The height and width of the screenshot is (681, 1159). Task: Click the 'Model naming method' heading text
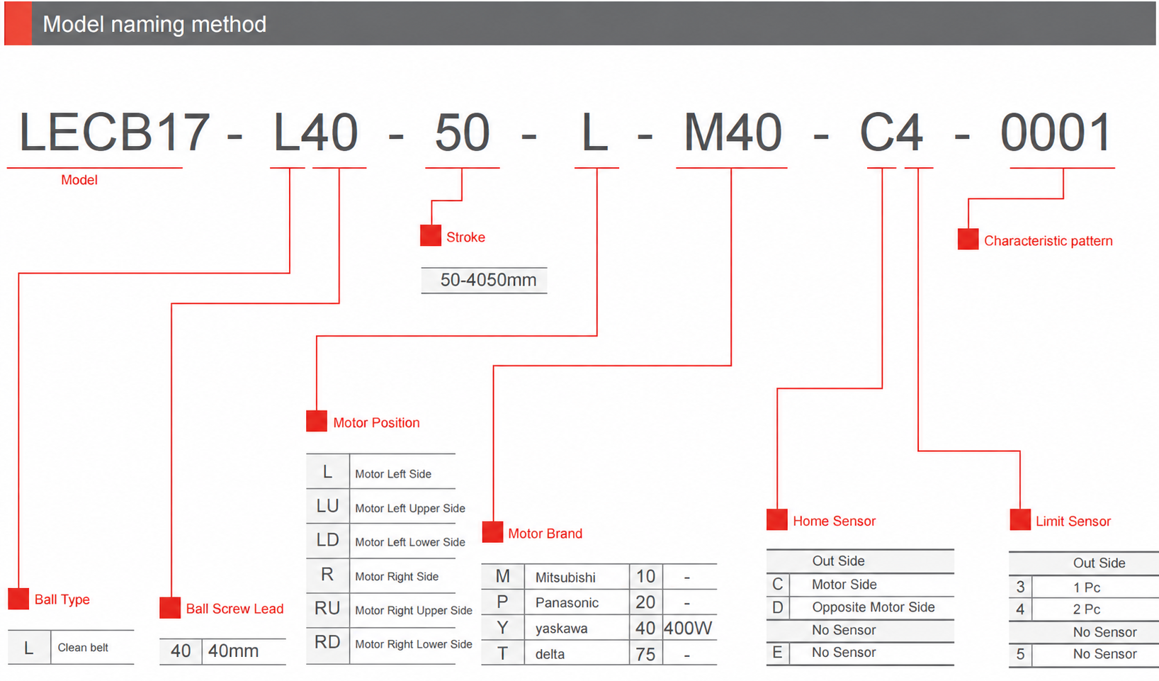(154, 24)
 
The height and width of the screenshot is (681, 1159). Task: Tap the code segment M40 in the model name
(733, 133)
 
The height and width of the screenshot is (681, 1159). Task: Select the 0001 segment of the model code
(1056, 133)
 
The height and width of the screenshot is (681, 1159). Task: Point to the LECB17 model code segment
(114, 133)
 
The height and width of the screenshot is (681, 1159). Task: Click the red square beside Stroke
(431, 235)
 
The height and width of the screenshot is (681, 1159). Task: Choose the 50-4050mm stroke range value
(488, 280)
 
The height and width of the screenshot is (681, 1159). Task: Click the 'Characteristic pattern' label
(1048, 241)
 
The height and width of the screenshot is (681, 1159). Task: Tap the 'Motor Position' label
(376, 423)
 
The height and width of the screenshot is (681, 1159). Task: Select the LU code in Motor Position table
(327, 505)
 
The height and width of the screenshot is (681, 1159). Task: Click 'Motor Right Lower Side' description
(414, 644)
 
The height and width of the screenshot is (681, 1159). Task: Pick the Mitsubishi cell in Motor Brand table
(565, 578)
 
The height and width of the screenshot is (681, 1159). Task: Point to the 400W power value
(688, 629)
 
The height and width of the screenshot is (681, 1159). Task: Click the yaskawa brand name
(561, 629)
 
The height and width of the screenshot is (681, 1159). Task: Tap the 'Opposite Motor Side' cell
(874, 607)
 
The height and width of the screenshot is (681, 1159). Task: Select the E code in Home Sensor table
(777, 653)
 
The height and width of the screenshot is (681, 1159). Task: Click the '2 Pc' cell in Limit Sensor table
(1087, 609)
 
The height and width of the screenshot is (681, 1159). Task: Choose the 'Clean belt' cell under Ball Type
(83, 648)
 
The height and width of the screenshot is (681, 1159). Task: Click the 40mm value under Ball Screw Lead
(233, 651)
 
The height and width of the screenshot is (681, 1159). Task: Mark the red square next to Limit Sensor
(1020, 519)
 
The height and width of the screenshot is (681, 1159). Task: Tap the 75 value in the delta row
(645, 654)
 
